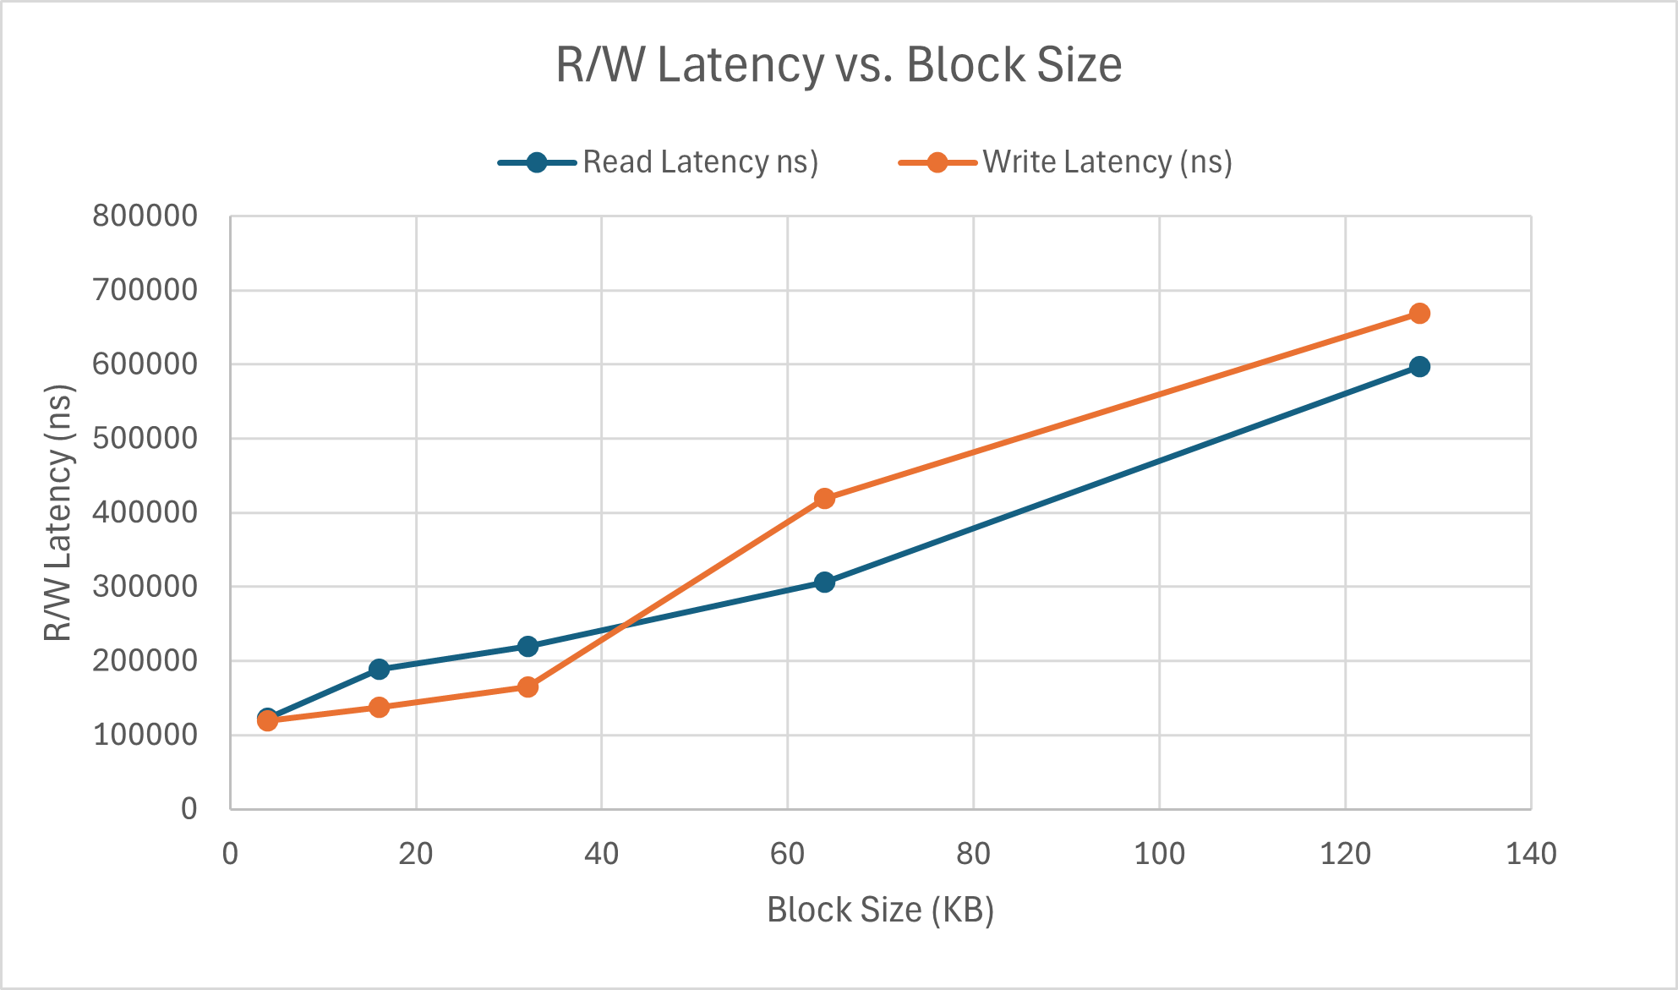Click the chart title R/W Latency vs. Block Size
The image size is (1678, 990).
[839, 64]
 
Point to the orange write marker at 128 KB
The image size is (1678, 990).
[1419, 314]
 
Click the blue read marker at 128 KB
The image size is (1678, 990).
[1419, 366]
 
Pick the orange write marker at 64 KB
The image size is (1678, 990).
[824, 499]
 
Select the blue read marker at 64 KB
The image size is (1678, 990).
[824, 582]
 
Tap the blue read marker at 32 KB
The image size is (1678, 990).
[527, 646]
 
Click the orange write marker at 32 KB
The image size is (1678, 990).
[527, 686]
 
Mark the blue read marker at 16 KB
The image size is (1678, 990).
[379, 669]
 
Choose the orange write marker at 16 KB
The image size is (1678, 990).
[379, 707]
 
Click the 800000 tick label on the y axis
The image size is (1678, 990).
[145, 216]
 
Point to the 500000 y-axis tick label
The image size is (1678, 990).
[145, 438]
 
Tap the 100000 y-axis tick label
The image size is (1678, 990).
[145, 735]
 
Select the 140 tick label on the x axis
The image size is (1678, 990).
[1531, 854]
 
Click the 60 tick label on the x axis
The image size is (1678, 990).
[787, 854]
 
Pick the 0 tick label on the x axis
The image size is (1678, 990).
[230, 854]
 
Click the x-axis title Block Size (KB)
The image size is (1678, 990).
[880, 910]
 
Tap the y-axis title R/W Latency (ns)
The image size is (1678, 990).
[58, 512]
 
